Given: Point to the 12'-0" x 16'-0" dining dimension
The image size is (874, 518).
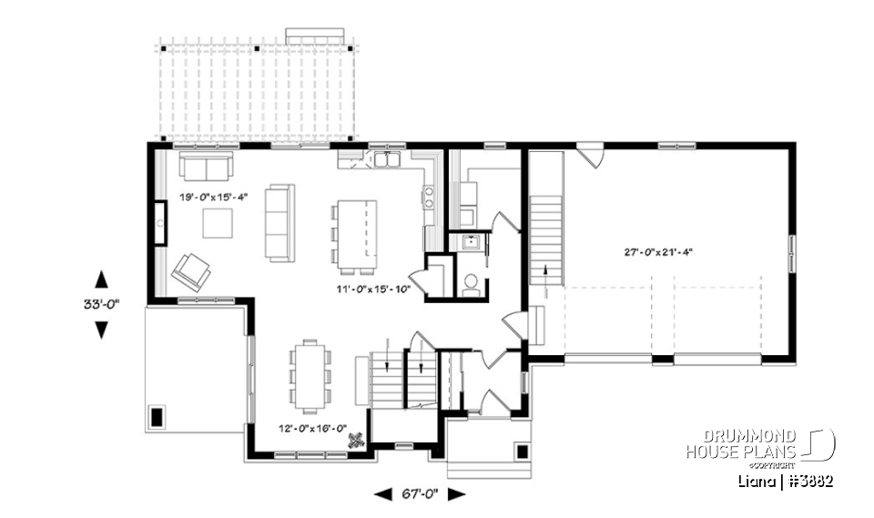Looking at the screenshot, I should point(312,425).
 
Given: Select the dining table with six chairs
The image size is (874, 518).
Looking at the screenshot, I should point(310,374).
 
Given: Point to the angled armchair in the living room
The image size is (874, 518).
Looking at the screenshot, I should point(191,270).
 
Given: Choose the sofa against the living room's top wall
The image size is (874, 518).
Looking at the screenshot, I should point(206,166).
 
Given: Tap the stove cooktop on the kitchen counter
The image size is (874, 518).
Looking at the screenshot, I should point(427,198).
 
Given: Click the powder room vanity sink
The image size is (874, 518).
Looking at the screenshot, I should point(472,243).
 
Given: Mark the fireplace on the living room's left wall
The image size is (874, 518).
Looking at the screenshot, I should point(159,222).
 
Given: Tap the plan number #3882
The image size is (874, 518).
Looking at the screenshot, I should point(808,480).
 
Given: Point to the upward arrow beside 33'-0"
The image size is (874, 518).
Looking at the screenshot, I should point(100,279).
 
